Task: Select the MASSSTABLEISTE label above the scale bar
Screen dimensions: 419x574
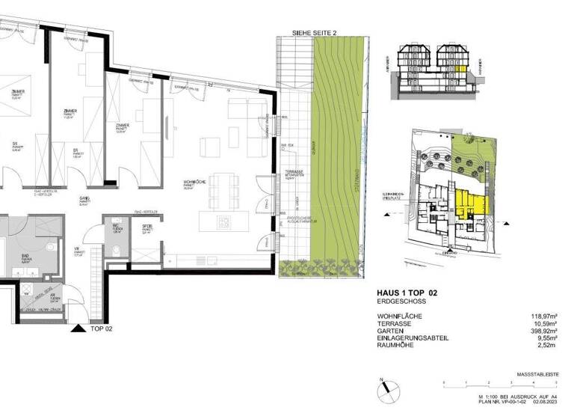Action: point(537,373)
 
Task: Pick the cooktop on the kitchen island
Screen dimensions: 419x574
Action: point(223,221)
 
